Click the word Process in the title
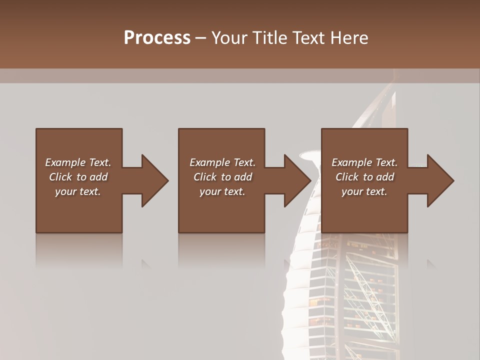157,37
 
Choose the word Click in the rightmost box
347,177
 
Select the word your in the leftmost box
65,191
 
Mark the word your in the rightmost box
352,191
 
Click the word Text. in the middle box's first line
243,162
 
